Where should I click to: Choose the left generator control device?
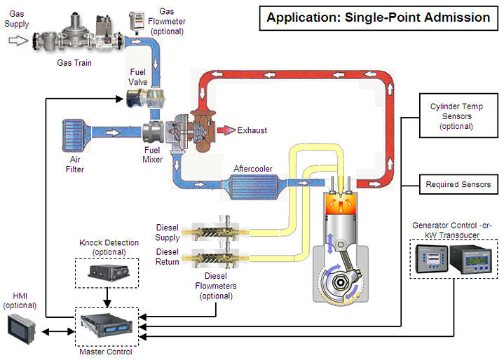coord(430,259)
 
